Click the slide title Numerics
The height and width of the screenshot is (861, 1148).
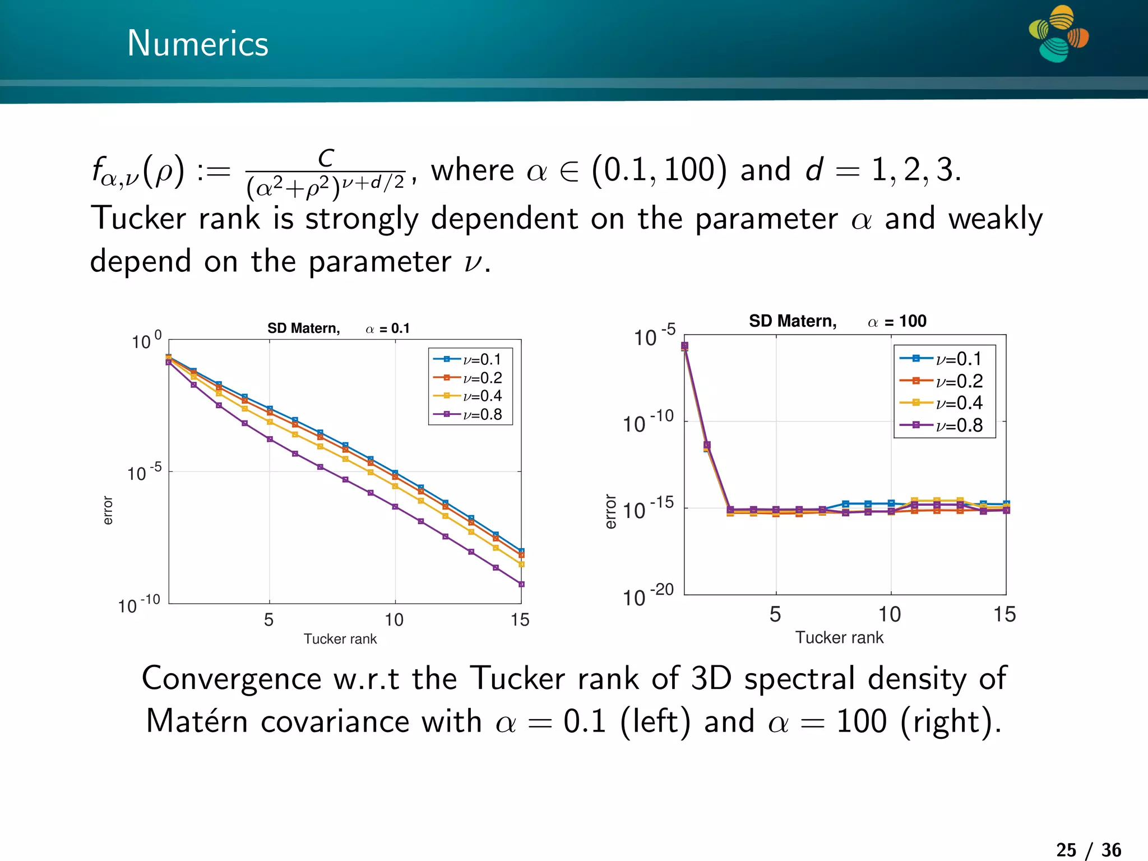pos(198,44)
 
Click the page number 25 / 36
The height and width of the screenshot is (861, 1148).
pos(1089,850)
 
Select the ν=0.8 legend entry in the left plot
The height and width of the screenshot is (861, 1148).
pos(470,414)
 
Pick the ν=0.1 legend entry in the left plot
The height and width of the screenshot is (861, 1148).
pos(470,359)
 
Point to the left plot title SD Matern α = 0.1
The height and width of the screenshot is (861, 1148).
pos(338,328)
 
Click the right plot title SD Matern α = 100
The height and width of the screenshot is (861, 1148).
pos(837,321)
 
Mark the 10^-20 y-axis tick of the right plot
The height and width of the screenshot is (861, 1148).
pos(648,596)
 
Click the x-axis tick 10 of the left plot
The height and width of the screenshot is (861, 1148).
pos(394,619)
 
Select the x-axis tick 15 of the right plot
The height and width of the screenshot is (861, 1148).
pos(1004,614)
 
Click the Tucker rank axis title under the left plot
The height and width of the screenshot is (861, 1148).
pos(340,639)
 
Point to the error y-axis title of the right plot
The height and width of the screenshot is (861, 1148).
pos(610,511)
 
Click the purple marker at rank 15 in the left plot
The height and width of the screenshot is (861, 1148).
pos(521,584)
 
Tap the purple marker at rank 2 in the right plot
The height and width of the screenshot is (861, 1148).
pos(707,445)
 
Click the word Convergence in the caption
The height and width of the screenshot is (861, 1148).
pos(232,679)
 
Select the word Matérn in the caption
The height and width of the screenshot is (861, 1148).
pos(196,721)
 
